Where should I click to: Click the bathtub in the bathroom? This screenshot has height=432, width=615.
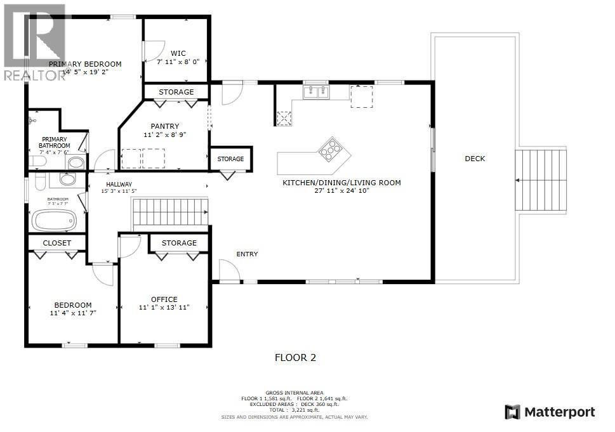tap(55, 221)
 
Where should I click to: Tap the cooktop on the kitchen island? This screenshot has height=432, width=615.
tap(330, 150)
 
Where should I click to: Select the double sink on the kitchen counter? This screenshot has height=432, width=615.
tap(316, 93)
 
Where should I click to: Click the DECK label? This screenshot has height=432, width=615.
tap(474, 159)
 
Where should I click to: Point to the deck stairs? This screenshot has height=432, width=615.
tap(541, 180)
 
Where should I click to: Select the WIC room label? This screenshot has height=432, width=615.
tap(178, 53)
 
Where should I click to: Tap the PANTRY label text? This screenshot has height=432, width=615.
tap(165, 126)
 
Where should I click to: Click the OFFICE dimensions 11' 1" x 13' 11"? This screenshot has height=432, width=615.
tap(164, 308)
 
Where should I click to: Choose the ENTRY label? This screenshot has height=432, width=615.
tap(247, 254)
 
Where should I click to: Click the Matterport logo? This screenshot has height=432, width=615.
tap(550, 412)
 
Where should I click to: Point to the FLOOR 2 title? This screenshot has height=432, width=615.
tap(294, 358)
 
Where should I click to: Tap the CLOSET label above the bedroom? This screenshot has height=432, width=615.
tap(57, 243)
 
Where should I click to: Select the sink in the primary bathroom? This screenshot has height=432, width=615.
tap(76, 163)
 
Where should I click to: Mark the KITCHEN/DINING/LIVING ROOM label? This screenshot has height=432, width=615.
tap(341, 183)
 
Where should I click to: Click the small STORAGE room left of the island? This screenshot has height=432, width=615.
tap(230, 159)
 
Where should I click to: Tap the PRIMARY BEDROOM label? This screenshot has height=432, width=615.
tap(85, 64)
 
